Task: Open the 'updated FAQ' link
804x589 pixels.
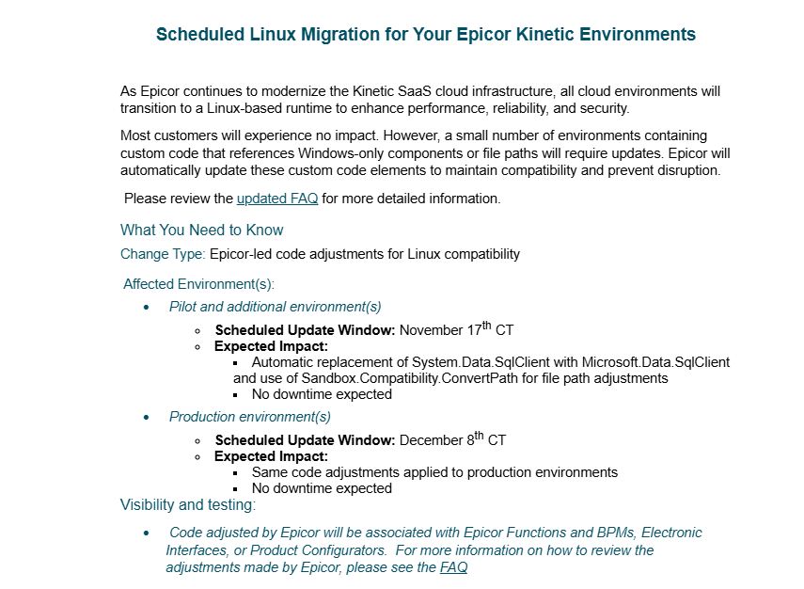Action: click(277, 199)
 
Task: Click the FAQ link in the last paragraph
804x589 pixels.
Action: click(453, 567)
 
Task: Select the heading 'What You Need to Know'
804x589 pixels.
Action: click(201, 231)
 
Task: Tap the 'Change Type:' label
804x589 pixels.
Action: click(163, 254)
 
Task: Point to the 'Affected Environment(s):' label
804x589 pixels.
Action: click(198, 284)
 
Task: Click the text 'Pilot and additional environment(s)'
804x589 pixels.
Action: click(275, 307)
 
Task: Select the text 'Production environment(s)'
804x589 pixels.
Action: click(249, 417)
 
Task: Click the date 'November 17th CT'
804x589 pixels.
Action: click(456, 329)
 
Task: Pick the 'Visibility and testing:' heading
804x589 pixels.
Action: click(187, 505)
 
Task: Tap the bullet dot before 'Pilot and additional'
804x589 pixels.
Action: click(146, 308)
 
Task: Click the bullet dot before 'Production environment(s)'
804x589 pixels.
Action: click(146, 418)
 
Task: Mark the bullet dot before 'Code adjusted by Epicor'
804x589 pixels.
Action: click(146, 533)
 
